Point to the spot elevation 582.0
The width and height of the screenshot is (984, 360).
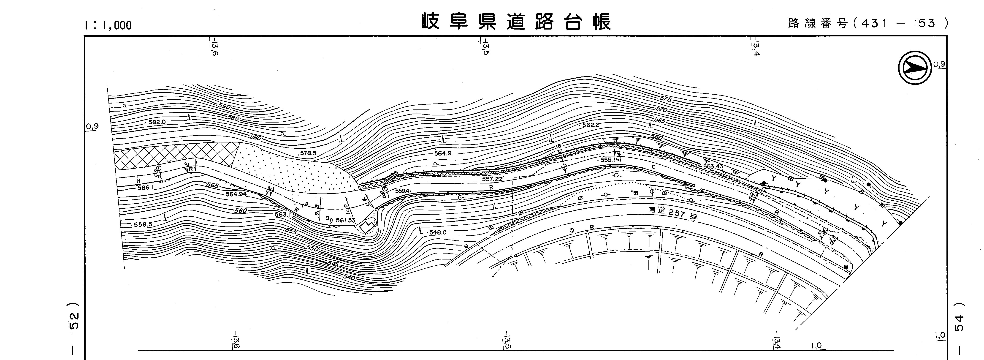(157, 122)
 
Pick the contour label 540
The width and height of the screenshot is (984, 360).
(349, 277)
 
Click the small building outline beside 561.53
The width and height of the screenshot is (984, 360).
(367, 227)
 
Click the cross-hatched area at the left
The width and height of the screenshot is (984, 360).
(172, 157)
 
